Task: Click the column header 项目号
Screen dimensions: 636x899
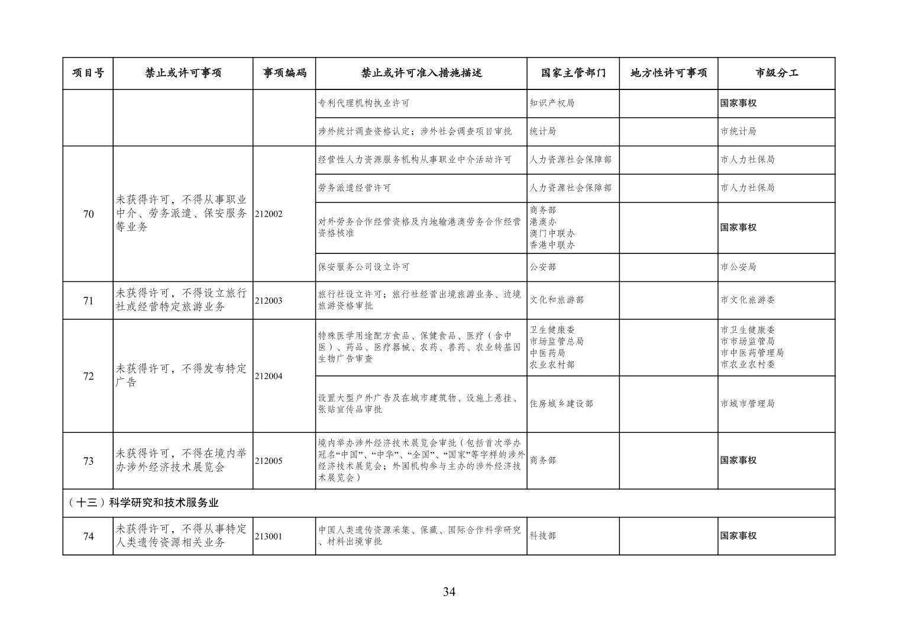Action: [x=88, y=73]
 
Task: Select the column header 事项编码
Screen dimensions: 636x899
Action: [x=284, y=73]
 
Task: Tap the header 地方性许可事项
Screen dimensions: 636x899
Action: [x=668, y=73]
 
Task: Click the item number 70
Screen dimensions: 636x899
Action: [x=88, y=214]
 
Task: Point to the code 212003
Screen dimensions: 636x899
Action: [x=269, y=301]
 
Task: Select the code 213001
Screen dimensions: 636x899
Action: [x=269, y=537]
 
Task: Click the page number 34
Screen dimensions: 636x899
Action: [x=449, y=592]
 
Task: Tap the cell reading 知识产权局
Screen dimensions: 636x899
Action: [x=552, y=103]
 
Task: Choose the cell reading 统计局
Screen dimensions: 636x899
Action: [x=543, y=131]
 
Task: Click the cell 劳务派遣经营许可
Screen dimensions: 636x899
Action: [x=355, y=188]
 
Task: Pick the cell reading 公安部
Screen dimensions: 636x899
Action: [x=543, y=267]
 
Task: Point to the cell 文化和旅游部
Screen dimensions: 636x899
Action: [x=557, y=300]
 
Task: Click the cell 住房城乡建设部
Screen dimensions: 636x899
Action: [x=561, y=404]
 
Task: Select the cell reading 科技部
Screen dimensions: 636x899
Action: [x=543, y=536]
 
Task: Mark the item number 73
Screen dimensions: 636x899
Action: [x=88, y=461]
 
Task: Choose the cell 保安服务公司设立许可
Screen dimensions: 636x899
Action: [x=364, y=267]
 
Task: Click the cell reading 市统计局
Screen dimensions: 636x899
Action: [x=738, y=131]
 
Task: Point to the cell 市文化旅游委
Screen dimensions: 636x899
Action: [x=748, y=300]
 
